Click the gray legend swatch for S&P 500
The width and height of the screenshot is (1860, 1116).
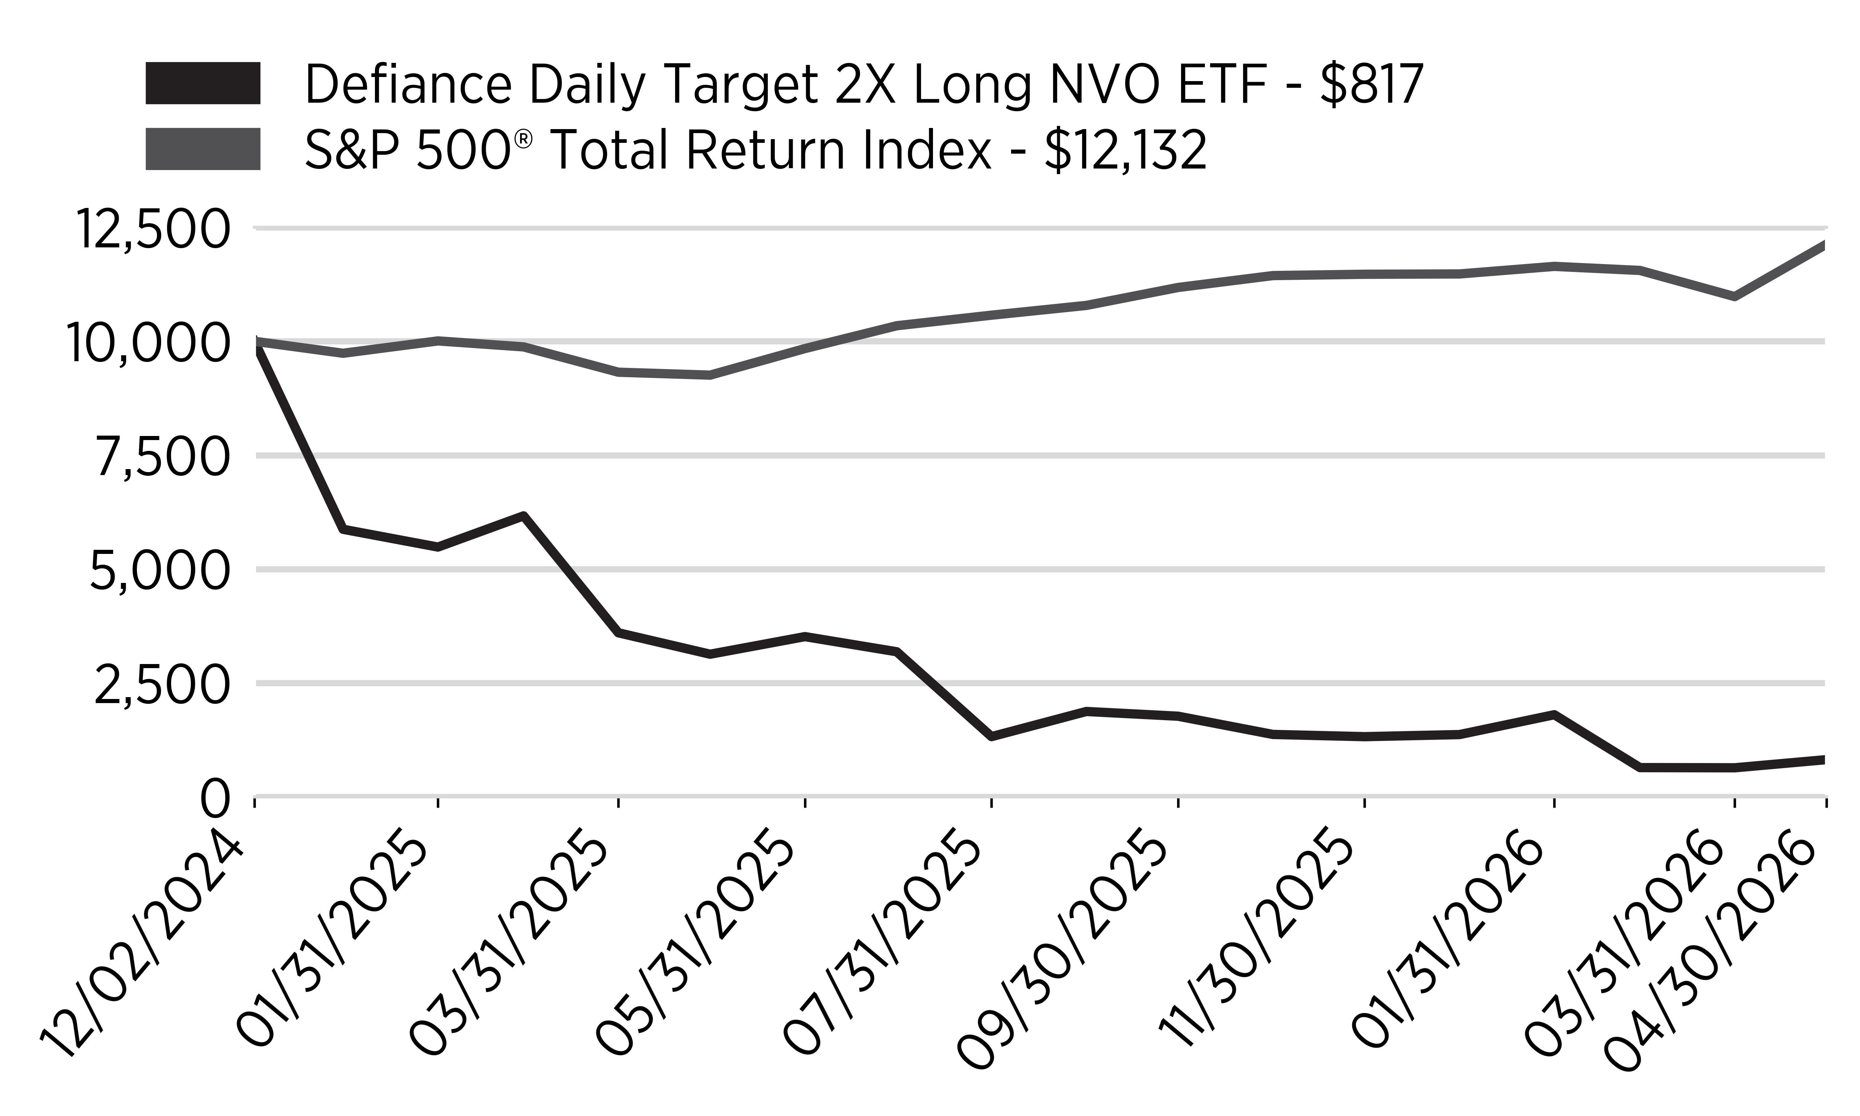coord(203,149)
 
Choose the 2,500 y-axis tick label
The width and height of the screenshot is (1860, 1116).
coord(161,684)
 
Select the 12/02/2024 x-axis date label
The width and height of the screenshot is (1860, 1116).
coord(143,946)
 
